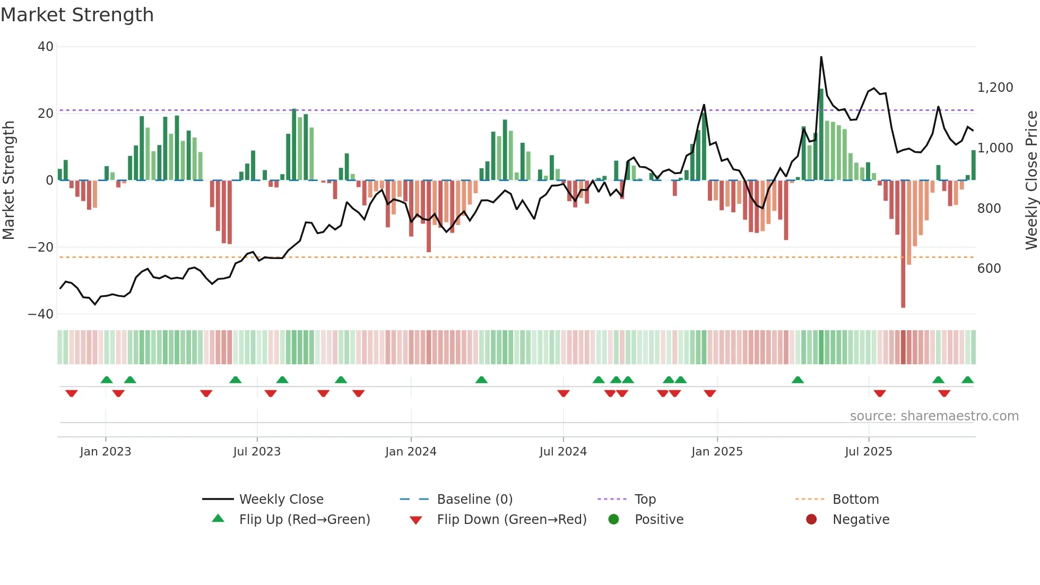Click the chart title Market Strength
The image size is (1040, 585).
[77, 15]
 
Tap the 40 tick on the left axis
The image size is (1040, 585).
[45, 47]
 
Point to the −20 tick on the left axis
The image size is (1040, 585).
[41, 247]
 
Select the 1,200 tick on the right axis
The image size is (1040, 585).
[995, 88]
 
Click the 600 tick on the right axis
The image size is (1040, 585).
[989, 269]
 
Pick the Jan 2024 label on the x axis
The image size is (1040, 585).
[411, 452]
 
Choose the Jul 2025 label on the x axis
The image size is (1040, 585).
[868, 452]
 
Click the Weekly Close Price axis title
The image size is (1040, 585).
[1031, 180]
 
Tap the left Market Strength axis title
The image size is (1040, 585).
[8, 180]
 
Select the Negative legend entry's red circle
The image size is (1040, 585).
[811, 520]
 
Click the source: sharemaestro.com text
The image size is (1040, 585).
[934, 416]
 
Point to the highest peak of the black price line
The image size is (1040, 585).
[821, 57]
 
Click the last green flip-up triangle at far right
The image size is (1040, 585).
[967, 380]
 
